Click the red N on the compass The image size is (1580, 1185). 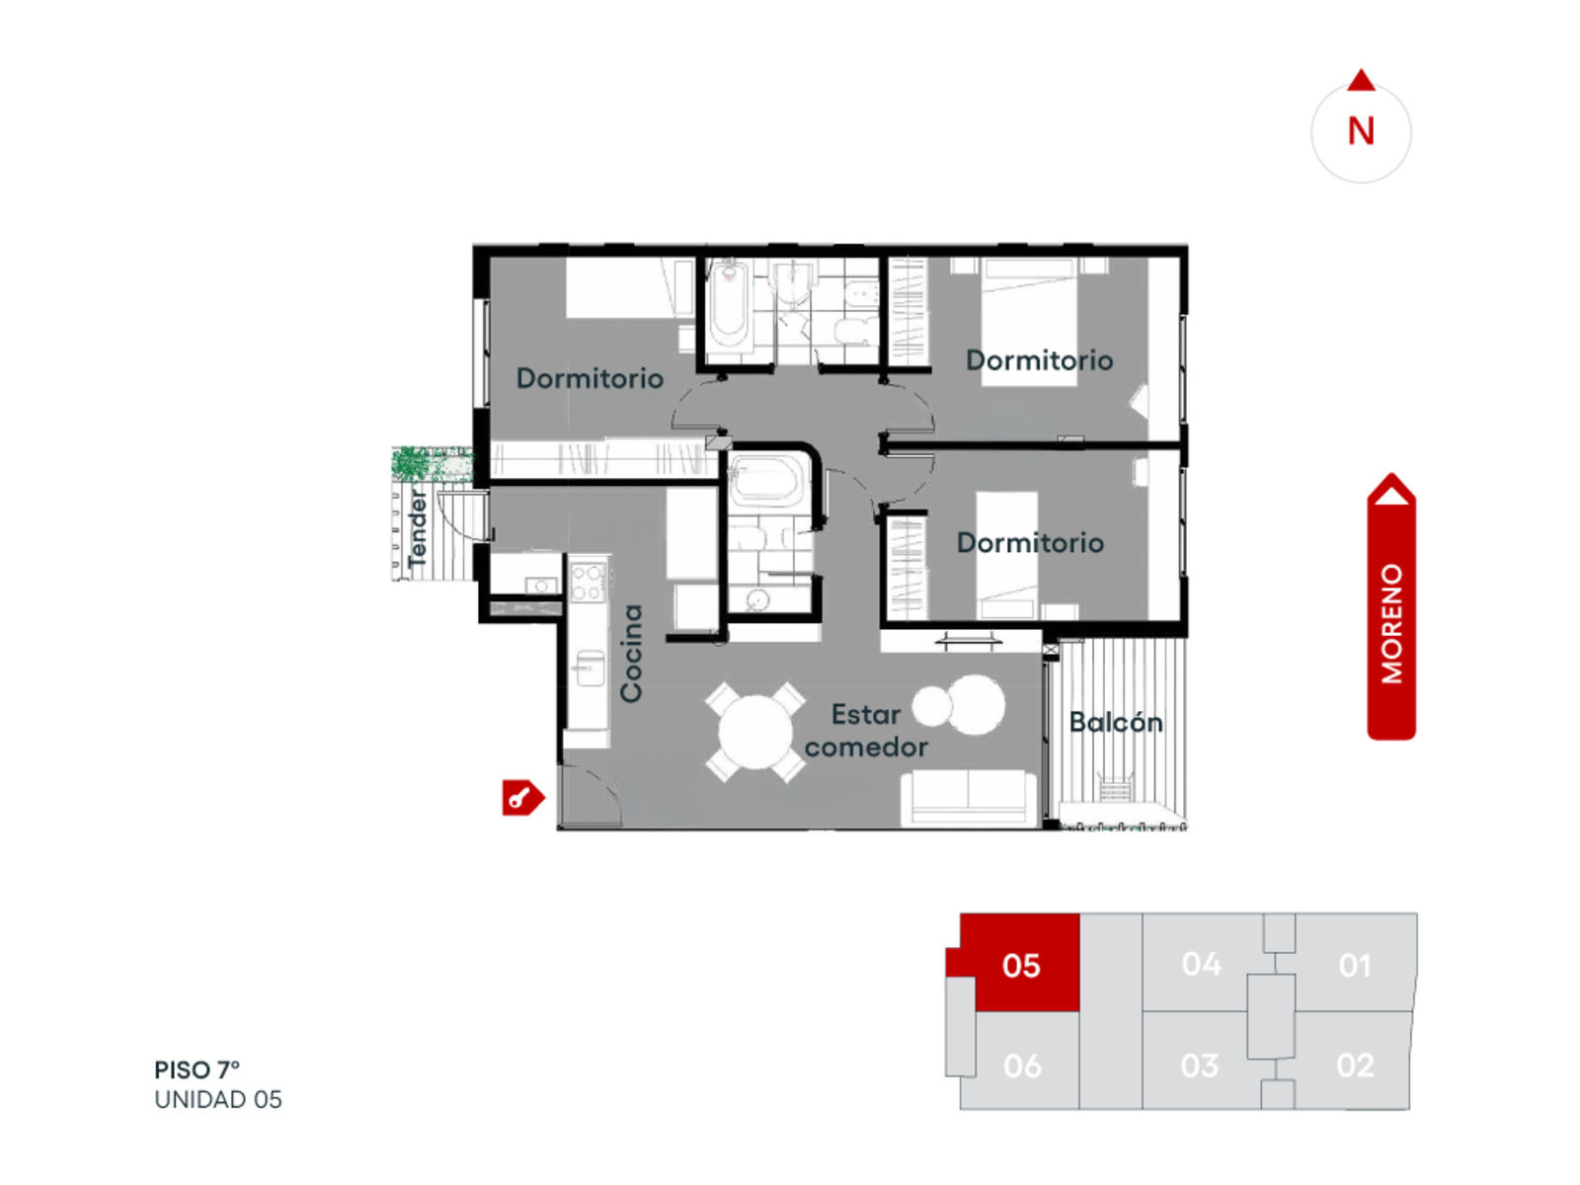coord(1361,131)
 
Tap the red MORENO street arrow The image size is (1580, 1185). coord(1390,605)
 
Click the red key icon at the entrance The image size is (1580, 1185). coord(522,797)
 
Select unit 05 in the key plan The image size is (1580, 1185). coord(1020,965)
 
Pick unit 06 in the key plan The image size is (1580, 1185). coord(1022,1066)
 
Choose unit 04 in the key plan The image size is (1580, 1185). coord(1201,964)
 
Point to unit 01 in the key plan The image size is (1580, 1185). coord(1355,965)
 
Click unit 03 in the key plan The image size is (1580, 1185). coord(1199,1066)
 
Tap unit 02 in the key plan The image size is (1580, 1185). coord(1355,1065)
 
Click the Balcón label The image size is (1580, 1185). coord(1115,722)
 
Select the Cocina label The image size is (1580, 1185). coord(631,653)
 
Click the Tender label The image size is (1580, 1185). coord(418,528)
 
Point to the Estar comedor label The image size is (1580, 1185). coord(866,731)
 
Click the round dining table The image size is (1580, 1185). coord(755,732)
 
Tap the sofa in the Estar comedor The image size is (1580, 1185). coord(969,798)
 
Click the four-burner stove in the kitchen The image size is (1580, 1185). coord(586,582)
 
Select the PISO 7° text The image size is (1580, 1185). coord(197,1069)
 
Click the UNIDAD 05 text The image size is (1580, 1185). coord(217,1099)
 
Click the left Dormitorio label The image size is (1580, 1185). coord(590,378)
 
